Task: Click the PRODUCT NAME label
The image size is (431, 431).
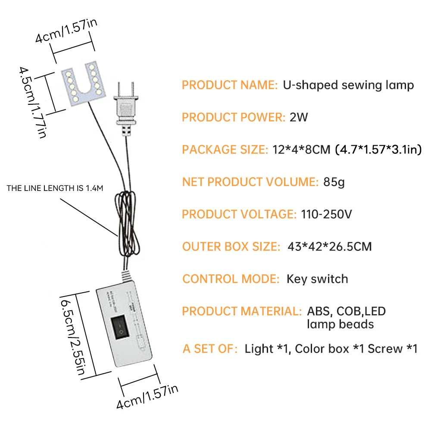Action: click(x=230, y=85)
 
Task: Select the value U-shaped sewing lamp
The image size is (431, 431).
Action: click(x=348, y=85)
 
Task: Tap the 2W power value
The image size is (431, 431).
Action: click(x=299, y=117)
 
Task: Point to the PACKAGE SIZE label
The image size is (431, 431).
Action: click(x=225, y=150)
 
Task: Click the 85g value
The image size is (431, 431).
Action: click(x=334, y=182)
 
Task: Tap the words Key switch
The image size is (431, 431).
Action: click(x=317, y=279)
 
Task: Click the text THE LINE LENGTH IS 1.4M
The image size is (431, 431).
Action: click(x=55, y=188)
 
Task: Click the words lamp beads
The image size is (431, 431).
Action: click(x=340, y=324)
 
